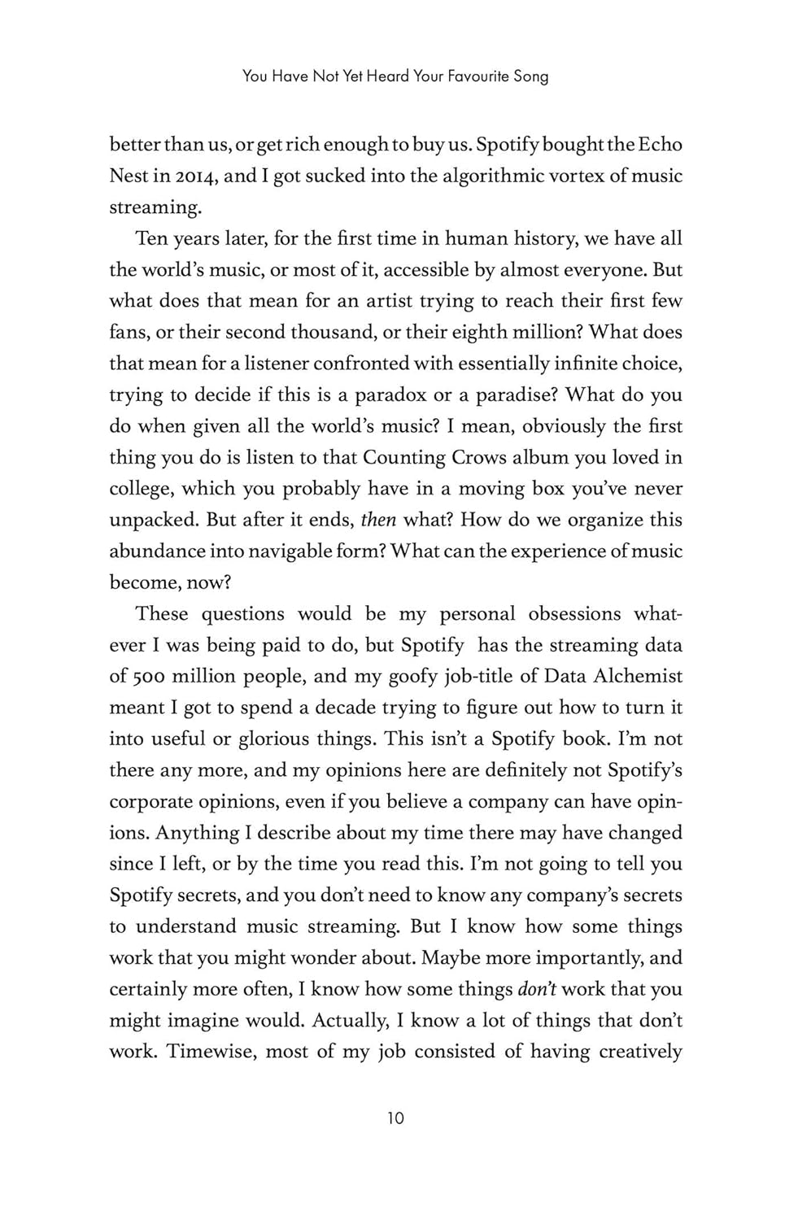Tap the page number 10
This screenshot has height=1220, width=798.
pos(395,1118)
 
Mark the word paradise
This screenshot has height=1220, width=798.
pos(512,395)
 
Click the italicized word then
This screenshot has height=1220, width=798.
pos(377,520)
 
